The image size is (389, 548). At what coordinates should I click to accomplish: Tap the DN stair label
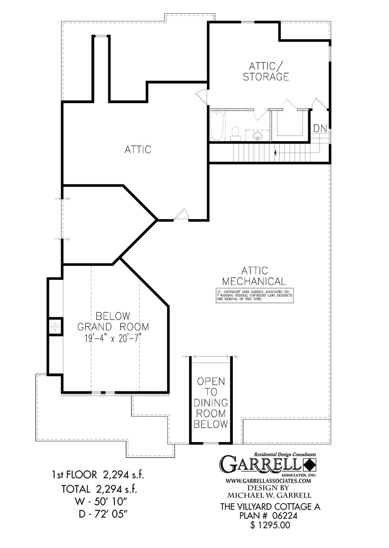[320, 128]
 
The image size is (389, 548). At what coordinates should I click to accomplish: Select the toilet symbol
[236, 133]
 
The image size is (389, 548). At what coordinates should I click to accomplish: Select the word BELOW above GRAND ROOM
[113, 316]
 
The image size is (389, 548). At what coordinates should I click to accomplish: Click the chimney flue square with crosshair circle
[55, 326]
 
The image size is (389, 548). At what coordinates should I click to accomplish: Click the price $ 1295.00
[269, 526]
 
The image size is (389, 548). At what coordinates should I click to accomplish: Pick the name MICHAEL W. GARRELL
[268, 495]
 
